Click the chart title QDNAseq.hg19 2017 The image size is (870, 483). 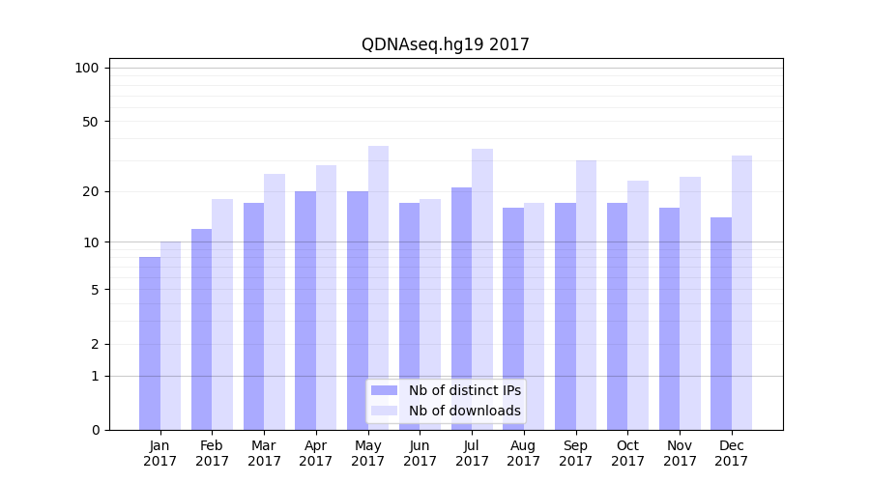(445, 44)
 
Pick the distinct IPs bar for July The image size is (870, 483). (461, 308)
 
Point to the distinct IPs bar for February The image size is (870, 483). (201, 329)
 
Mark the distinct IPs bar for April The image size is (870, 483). (305, 310)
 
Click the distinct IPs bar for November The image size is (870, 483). (669, 319)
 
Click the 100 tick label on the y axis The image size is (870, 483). (87, 68)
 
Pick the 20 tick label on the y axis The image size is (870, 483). (90, 191)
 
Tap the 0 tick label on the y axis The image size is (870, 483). (95, 430)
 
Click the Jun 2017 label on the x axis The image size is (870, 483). (420, 453)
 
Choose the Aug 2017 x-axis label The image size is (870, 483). (524, 453)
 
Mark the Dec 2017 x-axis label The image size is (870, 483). (732, 453)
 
